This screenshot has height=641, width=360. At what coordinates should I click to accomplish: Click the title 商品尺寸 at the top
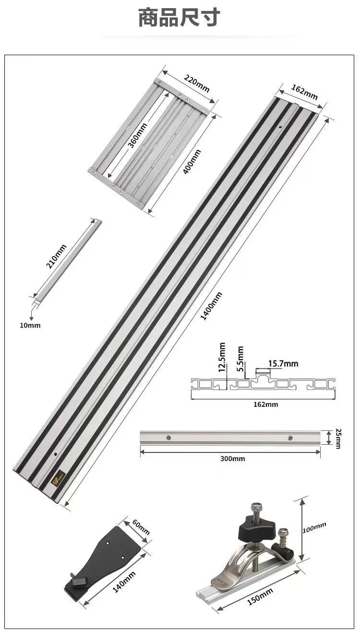pos(179,18)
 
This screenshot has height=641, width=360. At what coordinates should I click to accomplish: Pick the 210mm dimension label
pos(57,256)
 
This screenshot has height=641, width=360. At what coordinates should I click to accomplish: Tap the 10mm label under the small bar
pos(30,325)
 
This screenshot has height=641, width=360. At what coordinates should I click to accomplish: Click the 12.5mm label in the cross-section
pos(222,357)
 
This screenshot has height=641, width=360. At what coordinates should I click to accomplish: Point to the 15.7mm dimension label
pos(283,364)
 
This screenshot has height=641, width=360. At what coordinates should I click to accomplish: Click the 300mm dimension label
pos(232,459)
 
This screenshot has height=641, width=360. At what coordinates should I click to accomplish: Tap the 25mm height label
pos(338,438)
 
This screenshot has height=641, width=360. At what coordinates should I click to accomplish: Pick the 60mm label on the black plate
pos(141,527)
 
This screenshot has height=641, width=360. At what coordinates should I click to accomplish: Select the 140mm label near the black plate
pos(124,582)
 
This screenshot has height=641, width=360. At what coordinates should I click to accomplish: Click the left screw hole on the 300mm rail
pos(168,438)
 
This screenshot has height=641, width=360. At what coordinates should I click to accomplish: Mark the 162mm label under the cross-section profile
pos(266,404)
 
